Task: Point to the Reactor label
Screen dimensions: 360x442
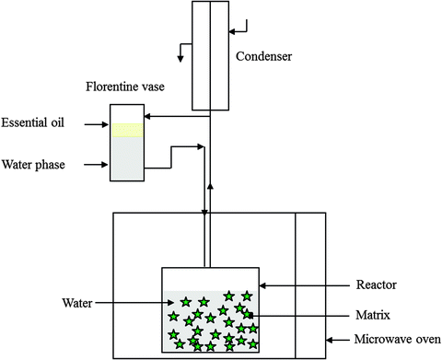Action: (x=378, y=285)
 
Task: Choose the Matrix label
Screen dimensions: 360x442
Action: (x=377, y=315)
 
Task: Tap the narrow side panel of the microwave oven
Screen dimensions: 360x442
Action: (x=310, y=285)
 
